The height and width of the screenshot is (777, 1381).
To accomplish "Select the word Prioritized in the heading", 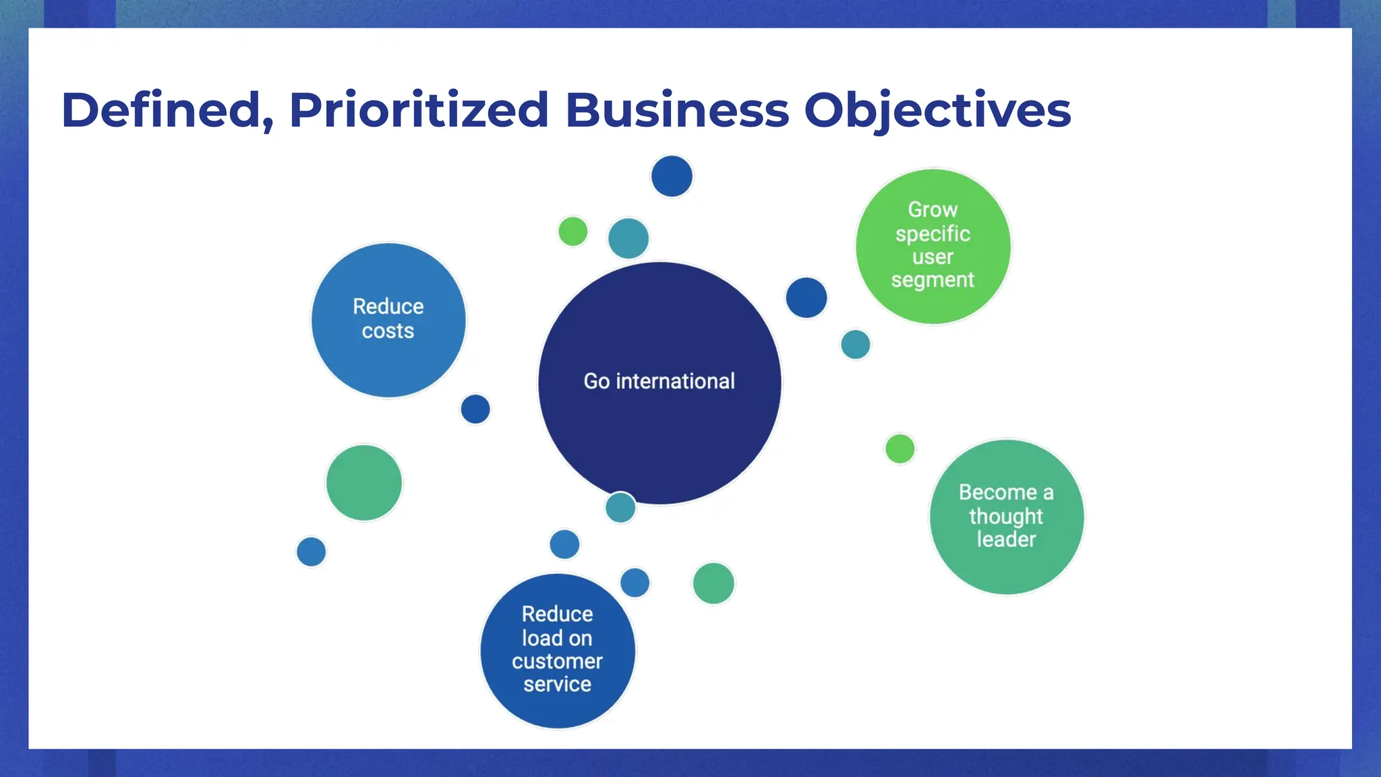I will (x=419, y=110).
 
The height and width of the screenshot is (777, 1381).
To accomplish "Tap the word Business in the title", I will (x=676, y=110).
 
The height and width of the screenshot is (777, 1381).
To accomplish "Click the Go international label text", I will (x=659, y=381).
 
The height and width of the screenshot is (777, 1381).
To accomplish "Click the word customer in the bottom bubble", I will (x=557, y=661).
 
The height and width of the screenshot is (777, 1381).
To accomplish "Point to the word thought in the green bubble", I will (x=1006, y=516).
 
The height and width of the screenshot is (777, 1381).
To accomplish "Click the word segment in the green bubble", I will (x=933, y=279).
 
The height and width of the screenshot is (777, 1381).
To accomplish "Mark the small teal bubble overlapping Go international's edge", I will (x=620, y=507).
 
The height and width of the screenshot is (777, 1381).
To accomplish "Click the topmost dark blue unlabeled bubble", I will (x=672, y=176).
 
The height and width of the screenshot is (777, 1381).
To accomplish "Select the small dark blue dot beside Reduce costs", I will (x=475, y=409).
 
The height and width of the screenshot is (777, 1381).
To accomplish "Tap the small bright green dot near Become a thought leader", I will (x=900, y=449).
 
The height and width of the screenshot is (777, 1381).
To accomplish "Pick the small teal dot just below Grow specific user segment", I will (x=856, y=345).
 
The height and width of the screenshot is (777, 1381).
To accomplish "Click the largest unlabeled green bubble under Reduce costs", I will (x=364, y=483).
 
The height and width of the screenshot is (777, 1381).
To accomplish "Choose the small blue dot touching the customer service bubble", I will (x=635, y=583).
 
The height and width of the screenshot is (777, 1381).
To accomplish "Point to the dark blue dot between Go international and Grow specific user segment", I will (x=806, y=297).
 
